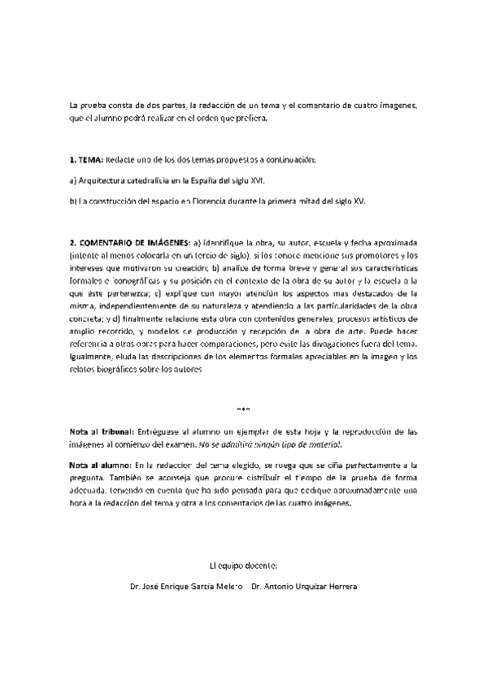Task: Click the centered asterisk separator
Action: tap(244, 409)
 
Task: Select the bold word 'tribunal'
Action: tap(118, 431)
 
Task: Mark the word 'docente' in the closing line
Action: tap(262, 564)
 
